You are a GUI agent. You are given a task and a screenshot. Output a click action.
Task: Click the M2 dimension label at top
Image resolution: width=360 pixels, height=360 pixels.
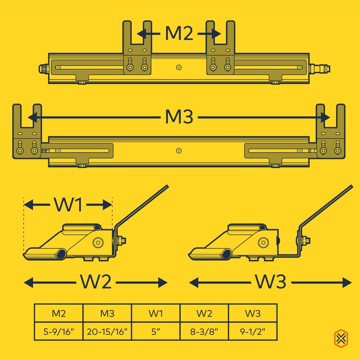[179, 34]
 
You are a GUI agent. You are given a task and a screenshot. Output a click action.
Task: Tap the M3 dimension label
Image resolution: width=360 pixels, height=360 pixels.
[179, 118]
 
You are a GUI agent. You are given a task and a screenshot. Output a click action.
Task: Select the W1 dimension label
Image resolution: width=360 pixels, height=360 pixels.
[67, 205]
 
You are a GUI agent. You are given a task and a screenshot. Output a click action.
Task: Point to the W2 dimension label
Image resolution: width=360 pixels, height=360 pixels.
[95, 283]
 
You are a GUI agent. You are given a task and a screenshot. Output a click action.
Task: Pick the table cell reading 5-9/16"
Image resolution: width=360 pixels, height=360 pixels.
[58, 333]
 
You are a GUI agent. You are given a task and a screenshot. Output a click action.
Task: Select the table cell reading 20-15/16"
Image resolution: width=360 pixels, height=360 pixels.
[107, 333]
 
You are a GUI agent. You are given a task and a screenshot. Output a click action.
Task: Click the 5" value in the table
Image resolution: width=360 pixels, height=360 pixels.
[156, 333]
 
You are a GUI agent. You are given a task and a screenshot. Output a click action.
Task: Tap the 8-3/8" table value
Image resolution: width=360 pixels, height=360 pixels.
[204, 333]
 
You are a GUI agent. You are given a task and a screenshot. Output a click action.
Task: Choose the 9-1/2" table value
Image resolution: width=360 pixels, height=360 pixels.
[252, 333]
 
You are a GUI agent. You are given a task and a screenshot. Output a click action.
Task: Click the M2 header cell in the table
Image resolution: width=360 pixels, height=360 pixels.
[58, 313]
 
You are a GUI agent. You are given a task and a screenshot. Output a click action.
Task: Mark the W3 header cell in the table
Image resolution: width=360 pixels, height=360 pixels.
[252, 313]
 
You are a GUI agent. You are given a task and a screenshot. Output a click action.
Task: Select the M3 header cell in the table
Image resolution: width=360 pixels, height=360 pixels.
[107, 313]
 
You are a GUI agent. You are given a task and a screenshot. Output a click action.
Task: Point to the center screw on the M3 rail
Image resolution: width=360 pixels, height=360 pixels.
[179, 150]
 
